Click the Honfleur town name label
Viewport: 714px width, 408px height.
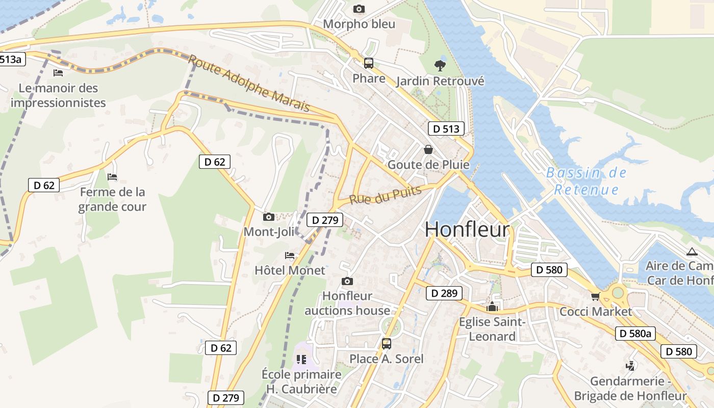467,229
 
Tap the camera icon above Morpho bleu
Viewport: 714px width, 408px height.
359,9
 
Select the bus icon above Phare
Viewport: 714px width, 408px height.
368,63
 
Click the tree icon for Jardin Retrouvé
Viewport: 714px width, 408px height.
439,65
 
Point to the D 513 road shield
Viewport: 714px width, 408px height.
446,129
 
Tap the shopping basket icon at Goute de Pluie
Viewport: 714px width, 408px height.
428,149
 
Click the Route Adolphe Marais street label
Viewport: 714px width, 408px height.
249,83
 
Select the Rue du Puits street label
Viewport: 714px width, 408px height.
386,195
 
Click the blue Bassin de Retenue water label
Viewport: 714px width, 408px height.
586,181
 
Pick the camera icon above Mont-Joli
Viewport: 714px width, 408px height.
269,217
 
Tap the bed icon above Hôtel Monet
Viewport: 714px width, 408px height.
290,256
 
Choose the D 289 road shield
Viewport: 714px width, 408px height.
444,293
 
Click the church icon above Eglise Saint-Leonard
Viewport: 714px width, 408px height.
492,307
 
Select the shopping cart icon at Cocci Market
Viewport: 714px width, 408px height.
595,296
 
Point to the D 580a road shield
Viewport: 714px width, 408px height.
635,334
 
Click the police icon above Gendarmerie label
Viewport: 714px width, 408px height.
630,366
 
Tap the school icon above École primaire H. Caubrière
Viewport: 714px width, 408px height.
301,360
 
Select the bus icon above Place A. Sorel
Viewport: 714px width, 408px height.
387,344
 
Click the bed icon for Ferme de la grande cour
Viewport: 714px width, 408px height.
112,177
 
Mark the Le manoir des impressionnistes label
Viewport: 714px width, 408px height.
58,95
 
